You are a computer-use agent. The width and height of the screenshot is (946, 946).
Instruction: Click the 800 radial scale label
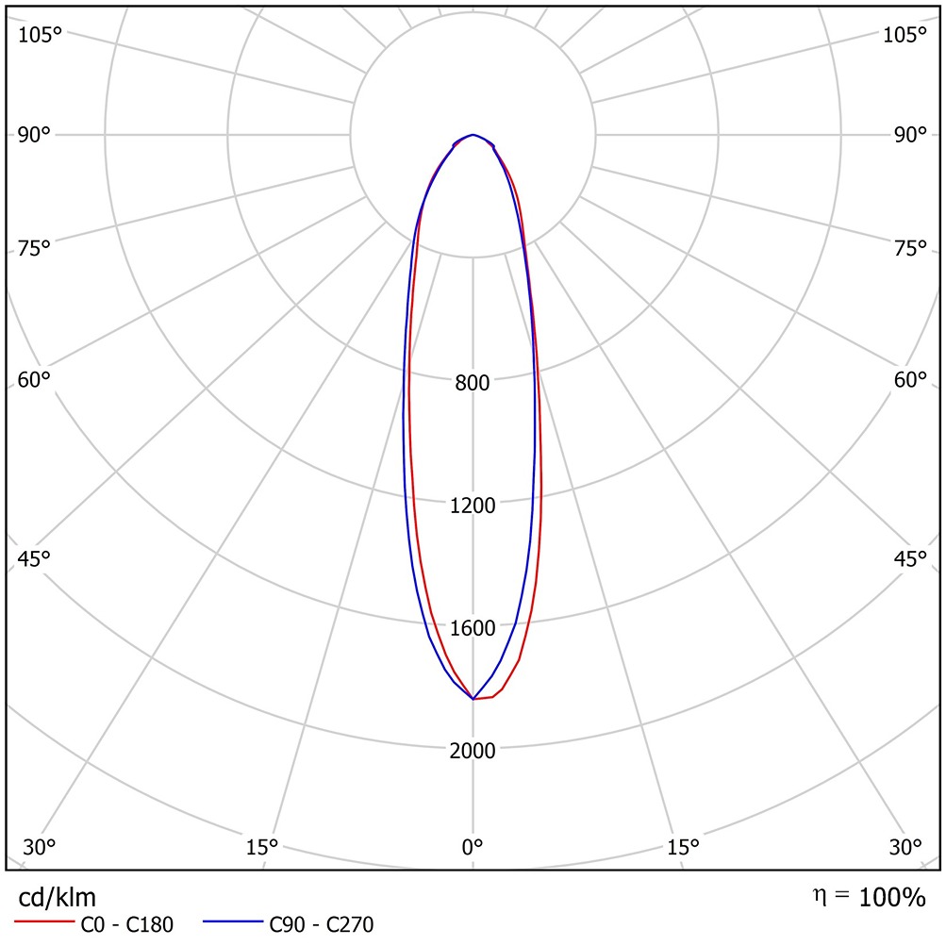click(473, 383)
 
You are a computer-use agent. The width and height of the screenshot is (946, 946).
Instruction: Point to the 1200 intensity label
click(473, 506)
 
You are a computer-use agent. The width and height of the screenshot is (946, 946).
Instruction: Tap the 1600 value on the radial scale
click(473, 628)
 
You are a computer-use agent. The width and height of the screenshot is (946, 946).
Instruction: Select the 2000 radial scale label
click(473, 751)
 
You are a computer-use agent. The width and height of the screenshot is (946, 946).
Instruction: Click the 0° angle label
click(473, 846)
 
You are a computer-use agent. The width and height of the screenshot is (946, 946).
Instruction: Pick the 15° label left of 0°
click(262, 846)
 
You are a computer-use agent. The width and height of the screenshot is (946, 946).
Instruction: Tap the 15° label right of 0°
click(684, 846)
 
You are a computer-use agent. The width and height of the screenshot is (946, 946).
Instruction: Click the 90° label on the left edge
click(35, 135)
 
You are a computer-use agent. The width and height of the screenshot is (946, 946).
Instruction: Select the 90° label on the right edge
click(911, 135)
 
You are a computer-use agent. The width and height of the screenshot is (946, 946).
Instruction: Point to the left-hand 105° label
click(40, 35)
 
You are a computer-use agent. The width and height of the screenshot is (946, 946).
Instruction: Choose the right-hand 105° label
click(905, 35)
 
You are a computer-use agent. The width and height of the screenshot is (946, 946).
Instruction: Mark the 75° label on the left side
click(35, 249)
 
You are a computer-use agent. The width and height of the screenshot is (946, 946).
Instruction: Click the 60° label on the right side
click(911, 380)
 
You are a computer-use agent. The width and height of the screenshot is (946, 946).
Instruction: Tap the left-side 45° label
click(35, 558)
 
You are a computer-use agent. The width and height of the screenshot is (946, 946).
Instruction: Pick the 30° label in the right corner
click(906, 846)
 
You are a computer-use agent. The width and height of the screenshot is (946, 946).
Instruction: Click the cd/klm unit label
click(58, 897)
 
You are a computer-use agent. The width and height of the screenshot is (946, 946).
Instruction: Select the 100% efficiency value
click(892, 898)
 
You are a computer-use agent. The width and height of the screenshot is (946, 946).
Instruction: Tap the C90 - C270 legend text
click(322, 925)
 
